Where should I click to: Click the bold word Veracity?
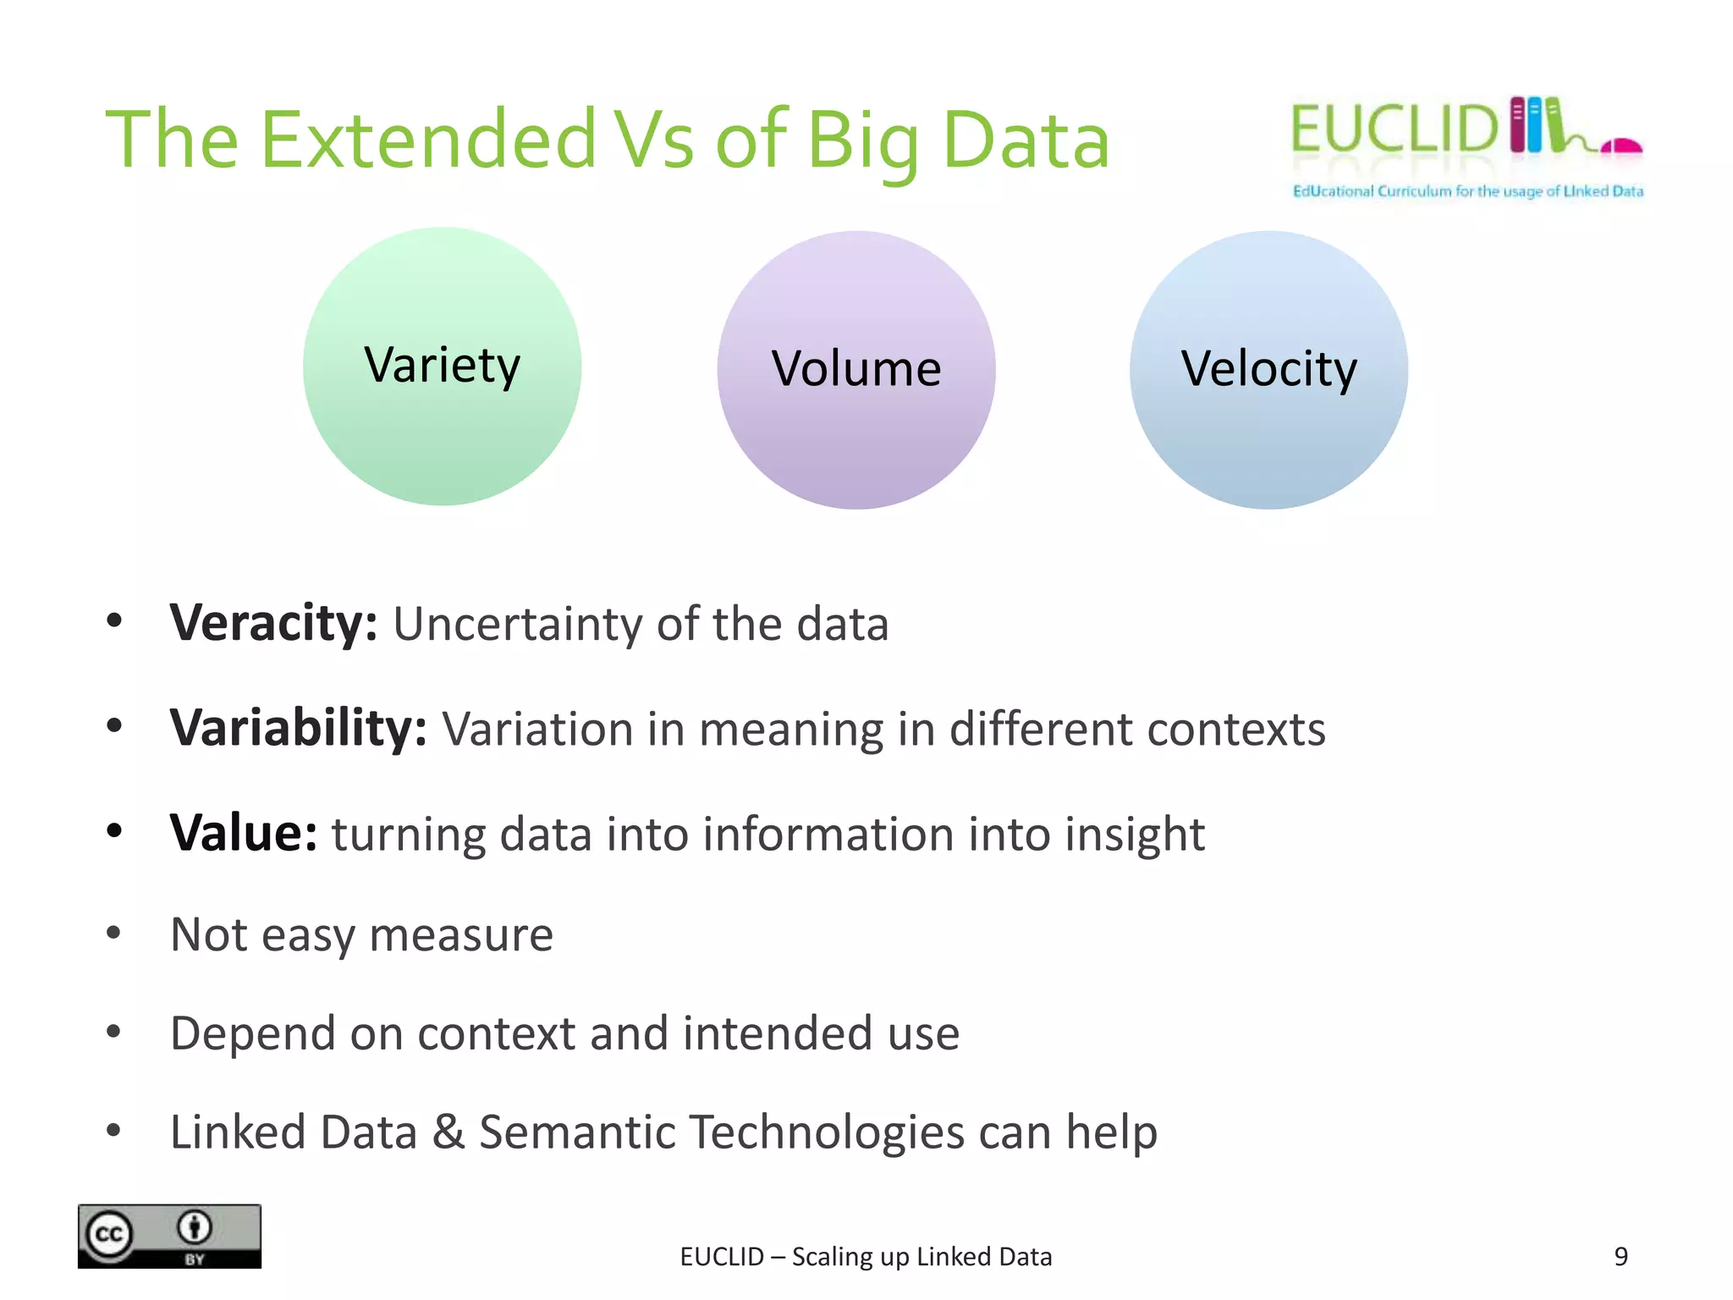(272, 624)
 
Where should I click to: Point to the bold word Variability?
(298, 729)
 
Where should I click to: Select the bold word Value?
(243, 834)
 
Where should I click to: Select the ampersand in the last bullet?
(448, 1132)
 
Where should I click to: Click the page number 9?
(1620, 1257)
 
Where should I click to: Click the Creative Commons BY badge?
(169, 1236)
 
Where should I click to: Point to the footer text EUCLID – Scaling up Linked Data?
(866, 1257)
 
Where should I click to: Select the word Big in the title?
(863, 142)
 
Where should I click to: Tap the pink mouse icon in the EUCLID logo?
(1623, 146)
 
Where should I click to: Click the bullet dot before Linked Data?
(114, 1130)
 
